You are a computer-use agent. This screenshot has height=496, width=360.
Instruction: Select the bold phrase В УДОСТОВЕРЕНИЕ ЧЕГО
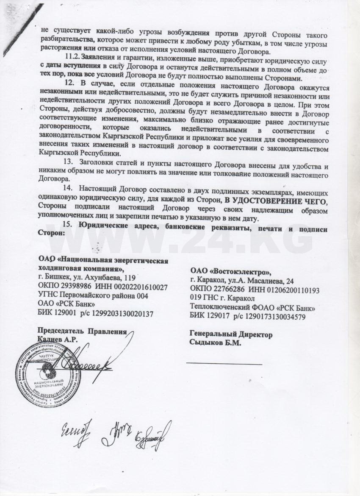pyautogui.click(x=275, y=198)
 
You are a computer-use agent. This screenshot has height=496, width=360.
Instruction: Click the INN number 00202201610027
pyautogui.click(x=136, y=287)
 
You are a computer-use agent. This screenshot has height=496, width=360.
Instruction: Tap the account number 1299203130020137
pyautogui.click(x=122, y=313)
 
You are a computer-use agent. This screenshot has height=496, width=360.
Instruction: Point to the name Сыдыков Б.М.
pyautogui.click(x=216, y=343)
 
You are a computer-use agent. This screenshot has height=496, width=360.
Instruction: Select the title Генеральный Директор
pyautogui.click(x=231, y=335)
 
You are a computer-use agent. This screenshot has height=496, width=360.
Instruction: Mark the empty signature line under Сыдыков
pyautogui.click(x=224, y=363)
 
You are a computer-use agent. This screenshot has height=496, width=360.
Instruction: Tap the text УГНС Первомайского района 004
pyautogui.click(x=93, y=296)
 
